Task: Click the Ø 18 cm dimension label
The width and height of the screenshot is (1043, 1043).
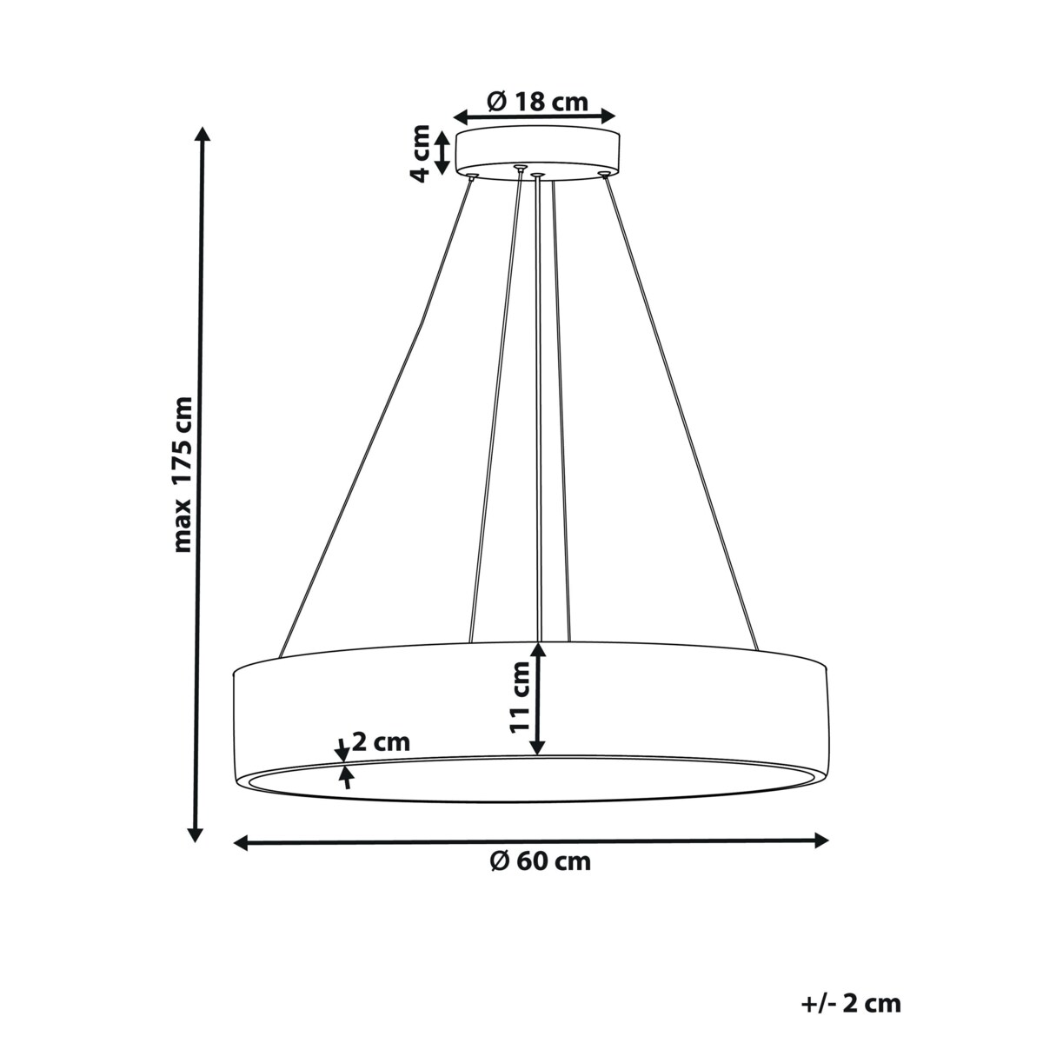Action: [x=537, y=102]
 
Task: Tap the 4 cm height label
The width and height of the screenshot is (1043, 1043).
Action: [x=420, y=153]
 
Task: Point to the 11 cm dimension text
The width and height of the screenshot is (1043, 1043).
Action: [x=519, y=697]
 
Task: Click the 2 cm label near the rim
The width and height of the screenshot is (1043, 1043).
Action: [x=381, y=742]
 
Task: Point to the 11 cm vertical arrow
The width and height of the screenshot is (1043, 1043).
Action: [x=538, y=698]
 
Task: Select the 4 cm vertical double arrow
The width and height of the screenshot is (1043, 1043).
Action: [x=442, y=152]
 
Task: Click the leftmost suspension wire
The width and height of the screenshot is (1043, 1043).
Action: [x=374, y=417]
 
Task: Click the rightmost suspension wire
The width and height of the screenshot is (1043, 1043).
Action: [x=682, y=417]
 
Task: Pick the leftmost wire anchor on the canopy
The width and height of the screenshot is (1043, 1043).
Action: [x=472, y=176]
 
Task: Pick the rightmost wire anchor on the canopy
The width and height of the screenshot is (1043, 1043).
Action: [x=603, y=175]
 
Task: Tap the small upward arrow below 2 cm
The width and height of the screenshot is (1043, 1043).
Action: [x=347, y=776]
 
